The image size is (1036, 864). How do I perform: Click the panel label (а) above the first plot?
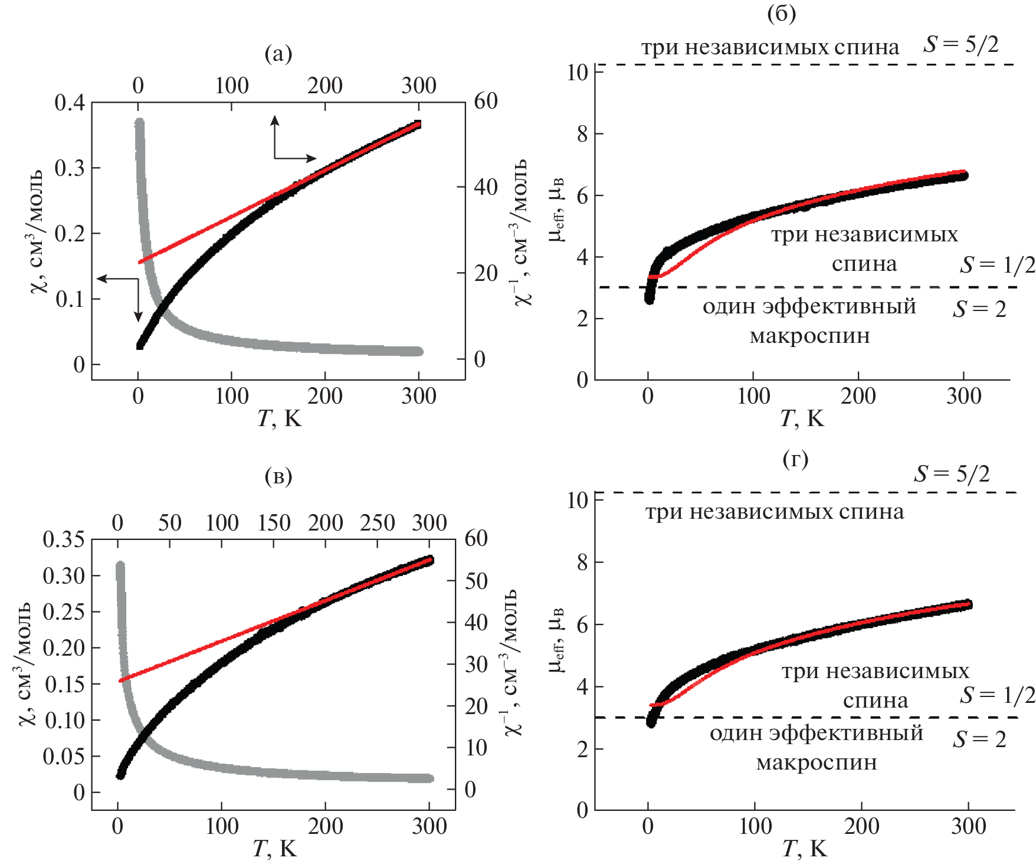point(278,54)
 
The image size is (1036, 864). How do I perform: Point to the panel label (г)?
point(795,459)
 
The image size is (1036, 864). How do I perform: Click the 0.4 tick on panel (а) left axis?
point(70,103)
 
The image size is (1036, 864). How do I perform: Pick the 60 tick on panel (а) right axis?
point(486,102)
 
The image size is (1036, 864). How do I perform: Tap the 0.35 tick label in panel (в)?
point(64,539)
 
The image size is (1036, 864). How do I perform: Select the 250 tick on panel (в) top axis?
point(378,523)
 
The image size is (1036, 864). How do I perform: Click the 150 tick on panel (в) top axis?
point(274,523)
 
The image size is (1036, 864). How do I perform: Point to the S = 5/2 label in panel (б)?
point(961,44)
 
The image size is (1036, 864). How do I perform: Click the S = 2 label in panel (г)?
point(979,739)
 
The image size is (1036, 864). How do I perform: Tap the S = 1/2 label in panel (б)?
point(997,266)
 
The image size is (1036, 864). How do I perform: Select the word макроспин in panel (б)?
point(809,336)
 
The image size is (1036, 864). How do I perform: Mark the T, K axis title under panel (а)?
point(279,418)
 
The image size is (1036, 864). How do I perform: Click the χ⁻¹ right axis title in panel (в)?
point(511,662)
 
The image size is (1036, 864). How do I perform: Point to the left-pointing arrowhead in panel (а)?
point(101,278)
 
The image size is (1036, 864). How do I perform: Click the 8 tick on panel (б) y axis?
point(582,134)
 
